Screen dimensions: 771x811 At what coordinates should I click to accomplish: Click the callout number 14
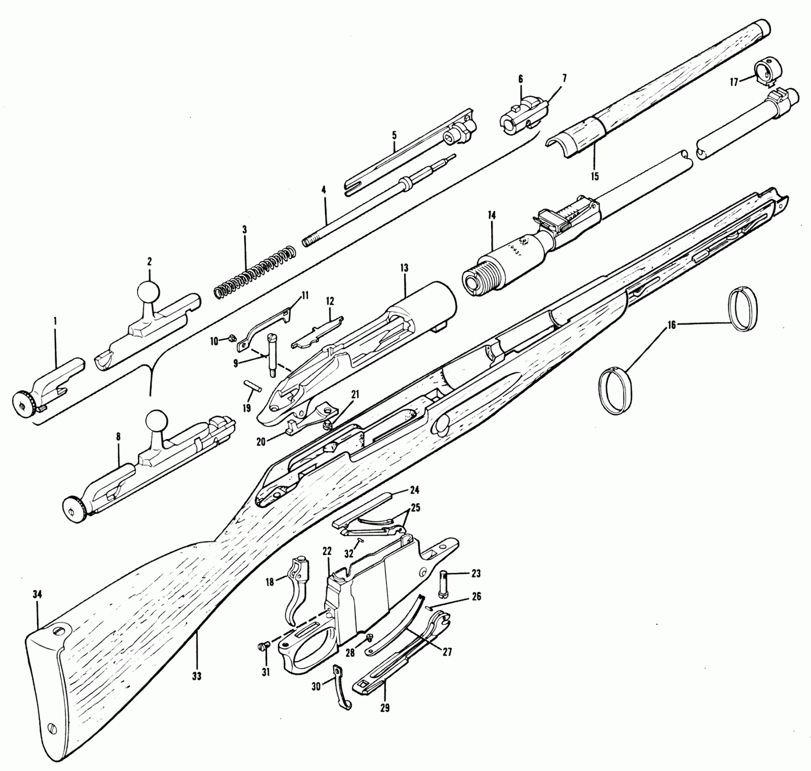click(492, 216)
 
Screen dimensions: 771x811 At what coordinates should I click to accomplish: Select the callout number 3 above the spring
click(244, 230)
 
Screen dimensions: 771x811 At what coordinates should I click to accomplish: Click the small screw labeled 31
click(261, 647)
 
